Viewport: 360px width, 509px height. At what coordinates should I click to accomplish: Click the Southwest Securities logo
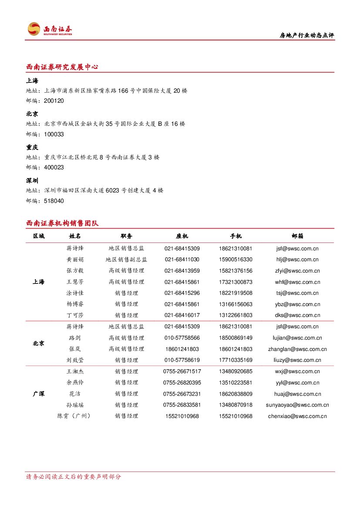pos(50,29)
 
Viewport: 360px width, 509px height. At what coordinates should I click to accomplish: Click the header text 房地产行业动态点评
pos(306,36)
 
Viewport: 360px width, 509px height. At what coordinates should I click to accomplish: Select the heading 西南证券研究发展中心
pos(62,67)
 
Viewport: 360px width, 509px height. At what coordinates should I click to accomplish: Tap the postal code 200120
pos(54,101)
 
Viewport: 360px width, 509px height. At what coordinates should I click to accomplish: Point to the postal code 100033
pos(54,135)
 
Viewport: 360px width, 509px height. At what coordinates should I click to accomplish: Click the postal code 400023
pos(54,168)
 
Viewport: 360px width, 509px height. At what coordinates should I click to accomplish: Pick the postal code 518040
pos(54,201)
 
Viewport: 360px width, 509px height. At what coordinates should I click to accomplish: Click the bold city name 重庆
pos(32,148)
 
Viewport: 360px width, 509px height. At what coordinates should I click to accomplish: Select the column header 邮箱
pos(297,236)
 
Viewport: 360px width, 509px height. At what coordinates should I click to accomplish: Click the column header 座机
pos(182,236)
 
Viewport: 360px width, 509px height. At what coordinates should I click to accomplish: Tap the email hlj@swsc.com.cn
pos(297,260)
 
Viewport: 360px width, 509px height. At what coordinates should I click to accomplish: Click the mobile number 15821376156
pos(236,271)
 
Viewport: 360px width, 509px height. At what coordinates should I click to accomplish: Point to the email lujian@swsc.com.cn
pos(297,338)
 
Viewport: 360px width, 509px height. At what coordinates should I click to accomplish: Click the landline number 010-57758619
pos(182,360)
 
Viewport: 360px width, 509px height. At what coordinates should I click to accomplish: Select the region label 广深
pos(38,394)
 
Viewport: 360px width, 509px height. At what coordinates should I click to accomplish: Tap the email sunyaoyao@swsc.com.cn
pos(297,405)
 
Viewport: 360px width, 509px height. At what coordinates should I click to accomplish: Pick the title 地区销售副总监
pos(126,260)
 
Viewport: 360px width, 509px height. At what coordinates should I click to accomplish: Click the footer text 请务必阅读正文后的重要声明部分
pos(74,477)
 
